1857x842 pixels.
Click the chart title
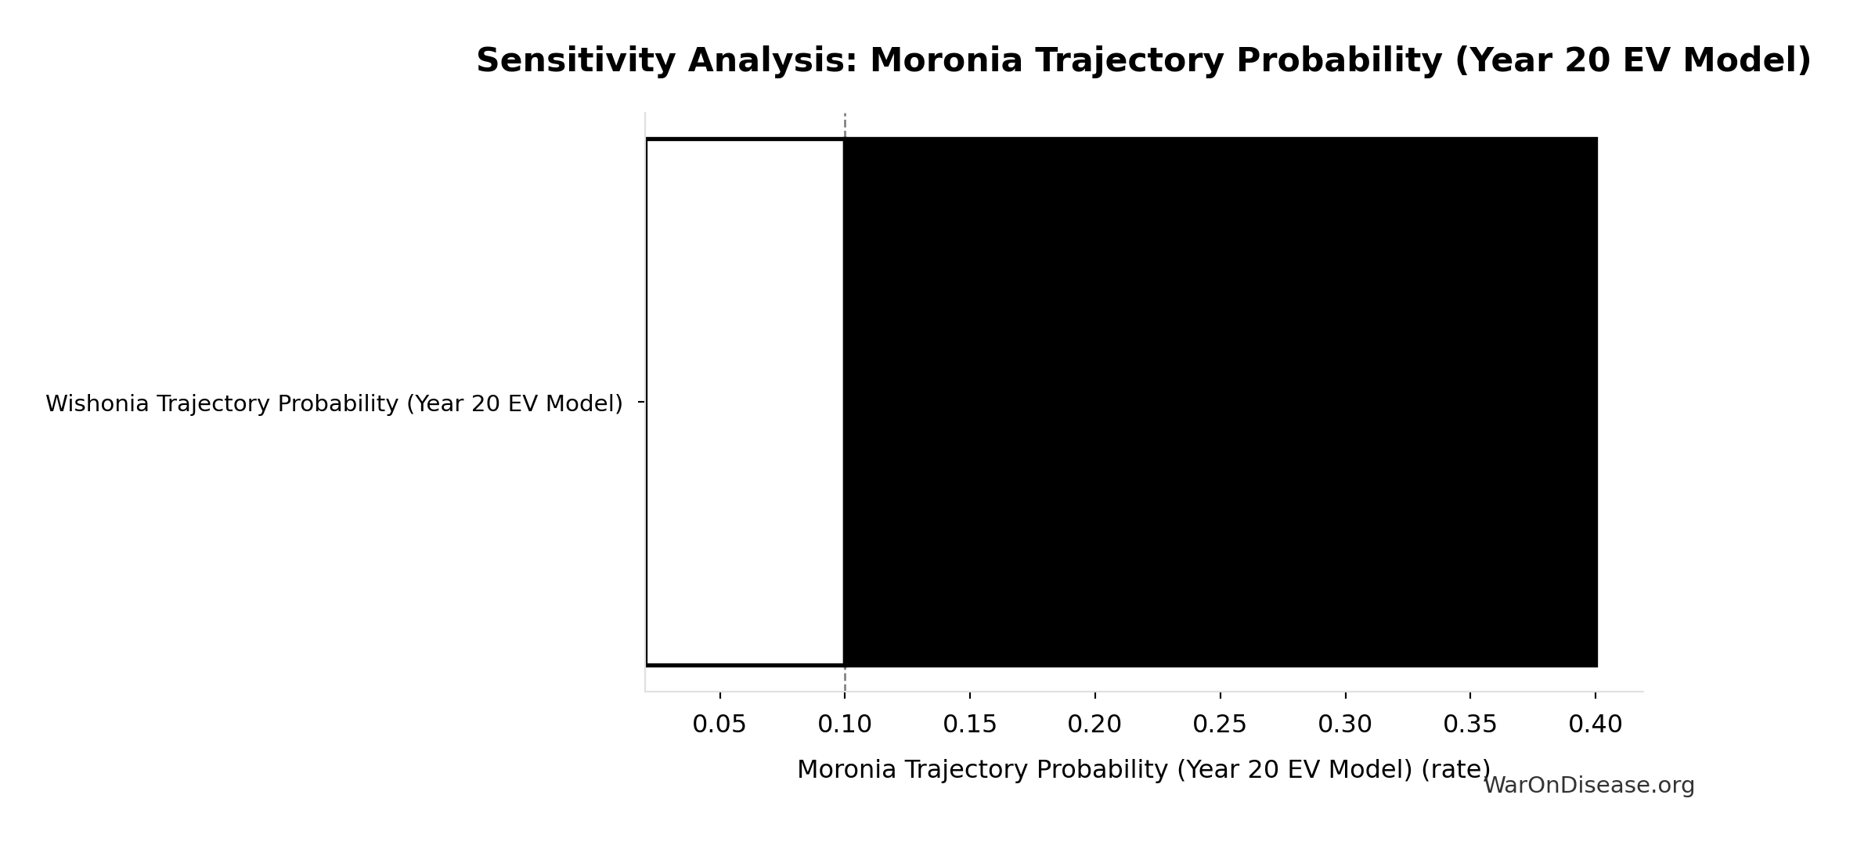point(1143,60)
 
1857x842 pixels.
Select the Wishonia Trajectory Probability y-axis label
point(334,403)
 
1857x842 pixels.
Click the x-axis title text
point(1143,769)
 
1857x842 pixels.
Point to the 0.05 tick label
point(719,725)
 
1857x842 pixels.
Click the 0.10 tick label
point(844,725)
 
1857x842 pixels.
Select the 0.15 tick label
point(969,725)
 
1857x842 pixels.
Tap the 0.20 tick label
point(1094,725)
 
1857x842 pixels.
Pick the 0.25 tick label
point(1219,725)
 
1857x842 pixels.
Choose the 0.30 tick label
point(1344,725)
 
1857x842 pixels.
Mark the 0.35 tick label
point(1469,725)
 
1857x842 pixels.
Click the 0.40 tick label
point(1595,725)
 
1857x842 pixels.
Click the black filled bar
point(1220,402)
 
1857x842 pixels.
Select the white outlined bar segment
point(745,402)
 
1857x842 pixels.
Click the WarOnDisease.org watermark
point(1588,786)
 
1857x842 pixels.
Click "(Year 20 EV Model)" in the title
point(1632,60)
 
